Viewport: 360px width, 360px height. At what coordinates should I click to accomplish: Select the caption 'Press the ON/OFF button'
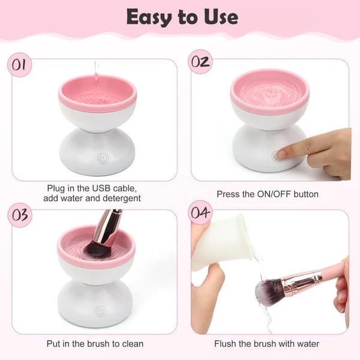pos(267,194)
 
